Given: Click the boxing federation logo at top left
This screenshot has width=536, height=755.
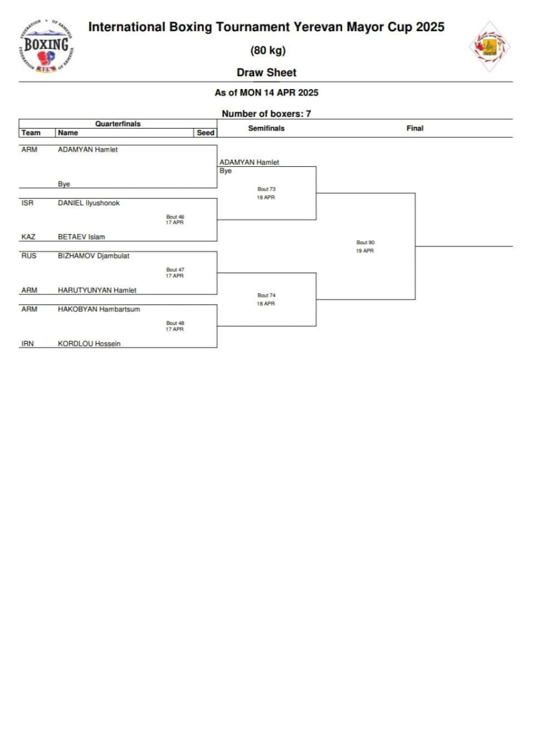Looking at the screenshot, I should pyautogui.click(x=47, y=47).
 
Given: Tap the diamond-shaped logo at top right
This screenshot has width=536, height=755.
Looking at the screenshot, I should pyautogui.click(x=489, y=47).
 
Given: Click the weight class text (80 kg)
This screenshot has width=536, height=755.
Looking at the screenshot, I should pyautogui.click(x=268, y=51).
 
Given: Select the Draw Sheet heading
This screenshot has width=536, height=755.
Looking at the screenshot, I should pyautogui.click(x=267, y=73).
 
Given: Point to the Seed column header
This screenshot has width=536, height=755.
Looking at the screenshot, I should pyautogui.click(x=205, y=133).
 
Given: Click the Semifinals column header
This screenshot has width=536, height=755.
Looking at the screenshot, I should pyautogui.click(x=267, y=128).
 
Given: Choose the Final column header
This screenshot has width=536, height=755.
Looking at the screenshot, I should pyautogui.click(x=415, y=128).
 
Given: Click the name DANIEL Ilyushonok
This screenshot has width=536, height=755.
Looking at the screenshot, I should pyautogui.click(x=88, y=203).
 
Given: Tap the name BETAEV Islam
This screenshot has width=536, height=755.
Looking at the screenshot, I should pyautogui.click(x=81, y=237).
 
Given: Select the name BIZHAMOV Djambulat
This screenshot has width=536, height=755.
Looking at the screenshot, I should pyautogui.click(x=93, y=256).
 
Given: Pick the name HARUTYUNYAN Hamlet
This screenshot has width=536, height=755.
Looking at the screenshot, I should pyautogui.click(x=97, y=290).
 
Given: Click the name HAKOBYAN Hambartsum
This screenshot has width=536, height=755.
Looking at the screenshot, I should pyautogui.click(x=98, y=309).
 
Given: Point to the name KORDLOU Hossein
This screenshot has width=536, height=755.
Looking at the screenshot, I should pyautogui.click(x=89, y=343).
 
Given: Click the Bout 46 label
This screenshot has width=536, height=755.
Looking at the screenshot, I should pyautogui.click(x=175, y=217).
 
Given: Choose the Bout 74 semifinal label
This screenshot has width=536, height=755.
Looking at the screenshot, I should pyautogui.click(x=267, y=296).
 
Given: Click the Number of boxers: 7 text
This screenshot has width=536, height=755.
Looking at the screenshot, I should pyautogui.click(x=267, y=114).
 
